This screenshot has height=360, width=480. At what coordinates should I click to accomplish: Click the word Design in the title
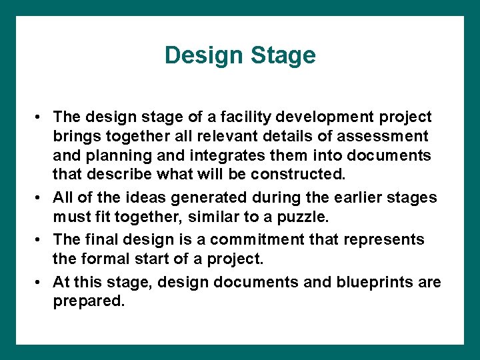pos(205,55)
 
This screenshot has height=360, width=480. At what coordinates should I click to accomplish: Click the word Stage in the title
pos(283,55)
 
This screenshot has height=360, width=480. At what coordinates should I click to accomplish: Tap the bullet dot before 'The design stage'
pos(41,118)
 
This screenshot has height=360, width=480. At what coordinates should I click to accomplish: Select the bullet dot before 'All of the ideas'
pos(41,199)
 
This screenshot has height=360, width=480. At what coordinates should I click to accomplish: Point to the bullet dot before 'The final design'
pos(41,240)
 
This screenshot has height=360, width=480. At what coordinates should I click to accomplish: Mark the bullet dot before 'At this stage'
pos(41,283)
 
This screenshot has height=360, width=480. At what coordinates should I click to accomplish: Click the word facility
pos(251,117)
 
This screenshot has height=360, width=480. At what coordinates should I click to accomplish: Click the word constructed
pos(307,175)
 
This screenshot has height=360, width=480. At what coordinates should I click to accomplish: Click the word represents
pos(390,239)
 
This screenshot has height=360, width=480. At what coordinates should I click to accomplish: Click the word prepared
pos(88,301)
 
